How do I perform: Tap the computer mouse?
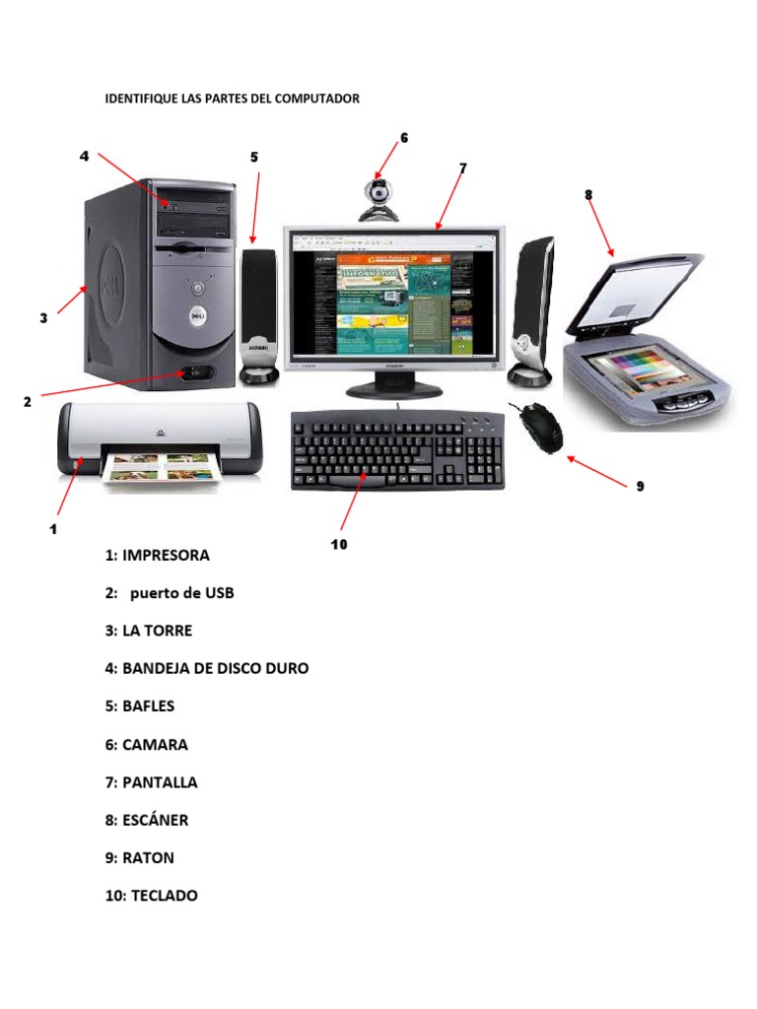point(540,426)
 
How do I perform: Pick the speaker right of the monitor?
point(531,310)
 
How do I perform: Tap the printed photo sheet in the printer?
point(163,466)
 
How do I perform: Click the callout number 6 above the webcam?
point(403,138)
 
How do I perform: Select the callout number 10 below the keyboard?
point(339,544)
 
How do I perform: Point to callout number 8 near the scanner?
point(588,194)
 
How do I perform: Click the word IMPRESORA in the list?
point(166,555)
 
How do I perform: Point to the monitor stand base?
point(390,391)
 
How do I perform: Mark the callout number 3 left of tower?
point(43,318)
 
